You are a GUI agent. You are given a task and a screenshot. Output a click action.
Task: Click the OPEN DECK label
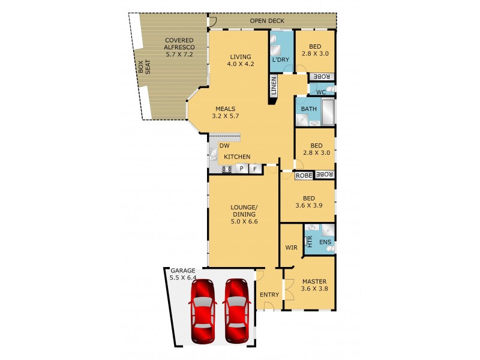[267, 21]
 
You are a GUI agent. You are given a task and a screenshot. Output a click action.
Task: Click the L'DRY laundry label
[280, 60]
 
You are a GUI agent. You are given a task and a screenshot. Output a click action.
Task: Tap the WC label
[320, 92]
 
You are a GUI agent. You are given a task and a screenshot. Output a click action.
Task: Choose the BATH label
[308, 109]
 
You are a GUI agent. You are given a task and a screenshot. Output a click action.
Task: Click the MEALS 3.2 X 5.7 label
[226, 112]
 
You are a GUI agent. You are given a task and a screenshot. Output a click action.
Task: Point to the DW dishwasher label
[224, 146]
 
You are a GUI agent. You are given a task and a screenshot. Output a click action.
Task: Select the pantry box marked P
[241, 169]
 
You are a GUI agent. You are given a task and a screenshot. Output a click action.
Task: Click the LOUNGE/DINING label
[243, 214]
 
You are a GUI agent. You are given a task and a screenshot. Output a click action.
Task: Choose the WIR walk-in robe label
[290, 247]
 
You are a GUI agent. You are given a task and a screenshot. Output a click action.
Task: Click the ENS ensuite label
[325, 242]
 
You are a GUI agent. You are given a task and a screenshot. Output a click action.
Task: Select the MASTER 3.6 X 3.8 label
[314, 285]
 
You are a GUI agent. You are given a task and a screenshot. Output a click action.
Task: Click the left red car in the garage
[203, 311]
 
